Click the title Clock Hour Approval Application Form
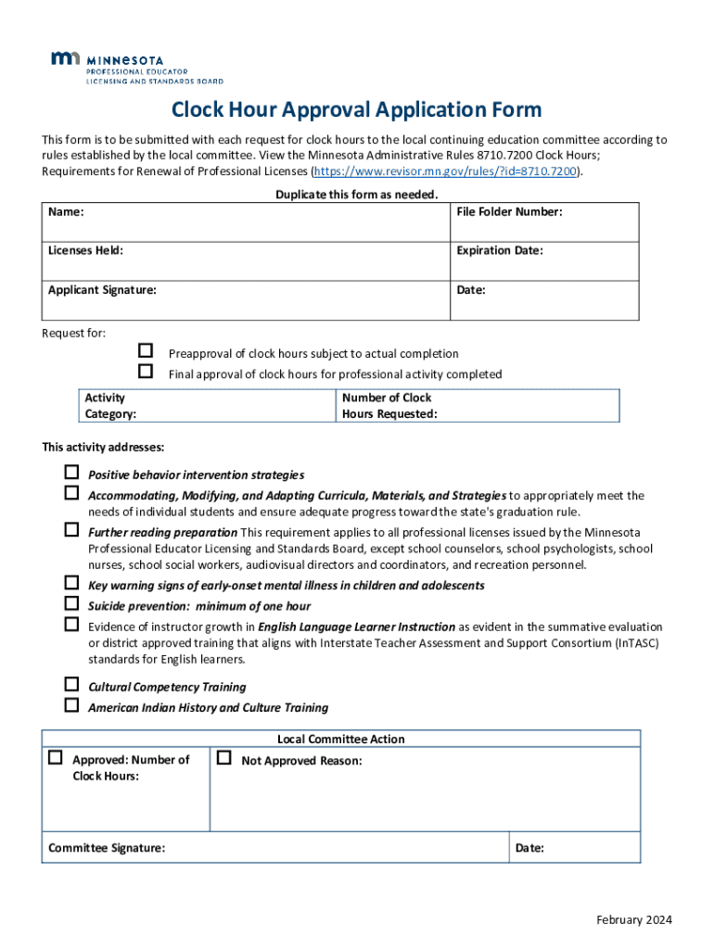tap(356, 110)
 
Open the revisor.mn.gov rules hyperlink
tap(446, 172)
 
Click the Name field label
tap(66, 212)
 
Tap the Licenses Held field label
tap(85, 251)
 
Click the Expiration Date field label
tap(499, 251)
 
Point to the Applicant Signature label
tap(102, 290)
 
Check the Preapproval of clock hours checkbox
tap(145, 351)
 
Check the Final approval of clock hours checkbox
tap(145, 372)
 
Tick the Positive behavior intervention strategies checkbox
tap(71, 473)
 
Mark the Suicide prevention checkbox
tap(71, 603)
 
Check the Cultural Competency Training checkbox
tap(71, 685)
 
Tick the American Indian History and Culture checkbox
tap(71, 705)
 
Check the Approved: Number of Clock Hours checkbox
tap(56, 758)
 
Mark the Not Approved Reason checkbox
tap(223, 758)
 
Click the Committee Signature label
tap(107, 848)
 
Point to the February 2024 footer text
tap(634, 920)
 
